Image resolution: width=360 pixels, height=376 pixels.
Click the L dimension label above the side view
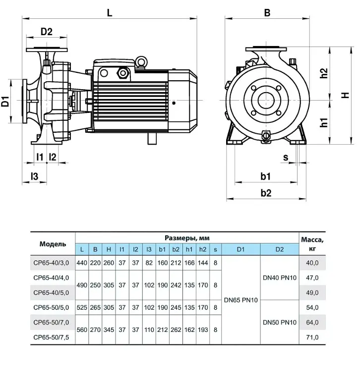point(110,12)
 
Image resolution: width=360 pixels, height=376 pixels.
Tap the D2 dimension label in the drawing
point(46,31)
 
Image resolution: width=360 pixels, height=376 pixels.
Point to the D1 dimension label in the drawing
point(5,101)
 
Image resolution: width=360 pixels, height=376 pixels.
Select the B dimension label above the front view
point(267,12)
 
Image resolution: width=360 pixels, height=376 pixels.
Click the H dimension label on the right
point(345,95)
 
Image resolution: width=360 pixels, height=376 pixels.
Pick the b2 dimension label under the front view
point(266,193)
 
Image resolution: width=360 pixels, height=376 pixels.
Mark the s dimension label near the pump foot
point(286,158)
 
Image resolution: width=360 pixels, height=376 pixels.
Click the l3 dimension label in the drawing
point(34,176)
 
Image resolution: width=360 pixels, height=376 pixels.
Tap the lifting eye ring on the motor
point(141,61)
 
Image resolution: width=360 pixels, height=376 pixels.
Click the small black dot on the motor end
point(174,103)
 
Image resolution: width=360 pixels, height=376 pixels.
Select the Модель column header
point(53,244)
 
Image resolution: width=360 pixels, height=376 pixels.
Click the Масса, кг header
point(312,244)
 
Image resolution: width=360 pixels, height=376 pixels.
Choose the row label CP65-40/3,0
point(51,263)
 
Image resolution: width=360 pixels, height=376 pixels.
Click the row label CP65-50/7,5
point(51,337)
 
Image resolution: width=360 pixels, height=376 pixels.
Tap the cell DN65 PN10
point(240,300)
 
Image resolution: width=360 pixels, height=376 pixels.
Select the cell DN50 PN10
point(280,322)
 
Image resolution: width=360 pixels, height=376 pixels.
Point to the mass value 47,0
point(312,278)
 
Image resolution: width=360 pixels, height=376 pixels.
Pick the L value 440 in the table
point(82,263)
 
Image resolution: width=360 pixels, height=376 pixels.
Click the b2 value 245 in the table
point(176,308)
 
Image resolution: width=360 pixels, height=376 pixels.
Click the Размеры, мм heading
point(187,238)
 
